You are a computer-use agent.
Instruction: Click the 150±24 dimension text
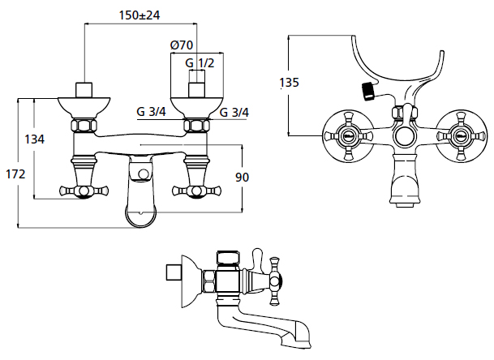coord(140,15)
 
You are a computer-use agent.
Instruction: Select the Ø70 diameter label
coord(182,45)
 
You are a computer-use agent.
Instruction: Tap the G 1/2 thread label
coord(200,63)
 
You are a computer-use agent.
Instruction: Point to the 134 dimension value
coord(35,139)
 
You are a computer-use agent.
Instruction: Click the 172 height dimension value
coord(15,174)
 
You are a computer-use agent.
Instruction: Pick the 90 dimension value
coord(242,178)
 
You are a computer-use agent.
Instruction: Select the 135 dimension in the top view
coord(289,83)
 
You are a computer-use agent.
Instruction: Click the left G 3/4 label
coord(151,112)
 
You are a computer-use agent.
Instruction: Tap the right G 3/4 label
coord(234,112)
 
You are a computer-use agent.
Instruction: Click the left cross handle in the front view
coord(84,191)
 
